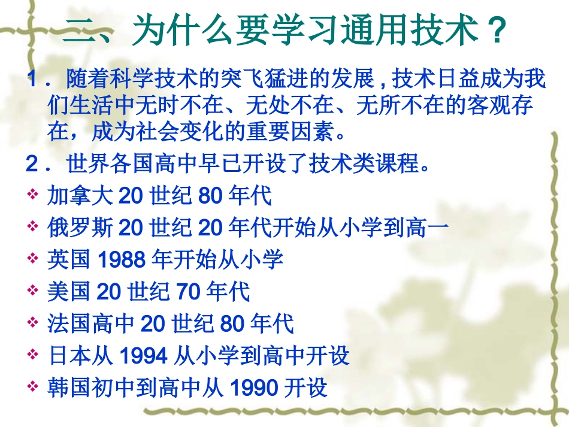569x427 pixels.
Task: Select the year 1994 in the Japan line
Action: [x=143, y=356]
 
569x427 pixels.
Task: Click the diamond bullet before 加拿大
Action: [x=33, y=195]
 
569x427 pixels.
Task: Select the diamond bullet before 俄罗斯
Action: [x=33, y=228]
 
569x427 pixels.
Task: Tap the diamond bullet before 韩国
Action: [x=33, y=388]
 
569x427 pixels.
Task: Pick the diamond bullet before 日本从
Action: [x=33, y=356]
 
